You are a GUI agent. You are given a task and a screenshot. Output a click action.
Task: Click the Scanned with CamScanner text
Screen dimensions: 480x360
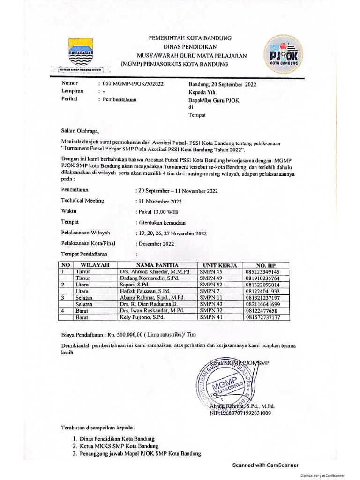(x=265, y=465)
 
